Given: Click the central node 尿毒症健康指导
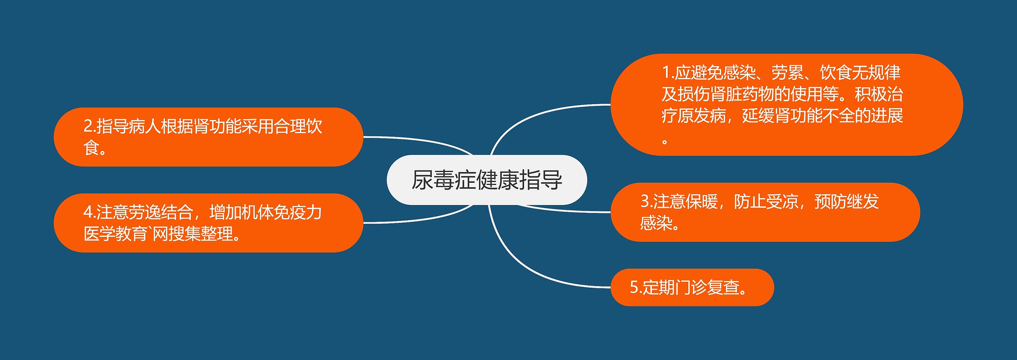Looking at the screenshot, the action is click(x=487, y=180).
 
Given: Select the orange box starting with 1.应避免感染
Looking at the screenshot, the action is click(x=787, y=105).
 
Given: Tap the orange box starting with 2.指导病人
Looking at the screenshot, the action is click(x=209, y=137).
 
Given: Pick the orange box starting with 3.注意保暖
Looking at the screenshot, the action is click(x=765, y=212).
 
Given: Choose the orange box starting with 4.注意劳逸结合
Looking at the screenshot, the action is click(x=209, y=223).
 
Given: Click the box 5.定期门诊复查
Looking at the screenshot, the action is click(x=692, y=287).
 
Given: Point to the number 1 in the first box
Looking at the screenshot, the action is click(x=666, y=72).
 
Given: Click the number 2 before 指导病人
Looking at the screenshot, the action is click(x=88, y=126).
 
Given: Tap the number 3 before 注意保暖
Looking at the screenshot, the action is click(x=645, y=201).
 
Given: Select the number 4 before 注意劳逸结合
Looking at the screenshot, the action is click(x=88, y=212).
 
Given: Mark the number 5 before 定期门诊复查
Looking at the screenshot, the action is click(x=634, y=287).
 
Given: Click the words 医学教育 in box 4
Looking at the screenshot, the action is click(x=116, y=234).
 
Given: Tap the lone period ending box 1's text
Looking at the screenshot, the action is click(x=665, y=141).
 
